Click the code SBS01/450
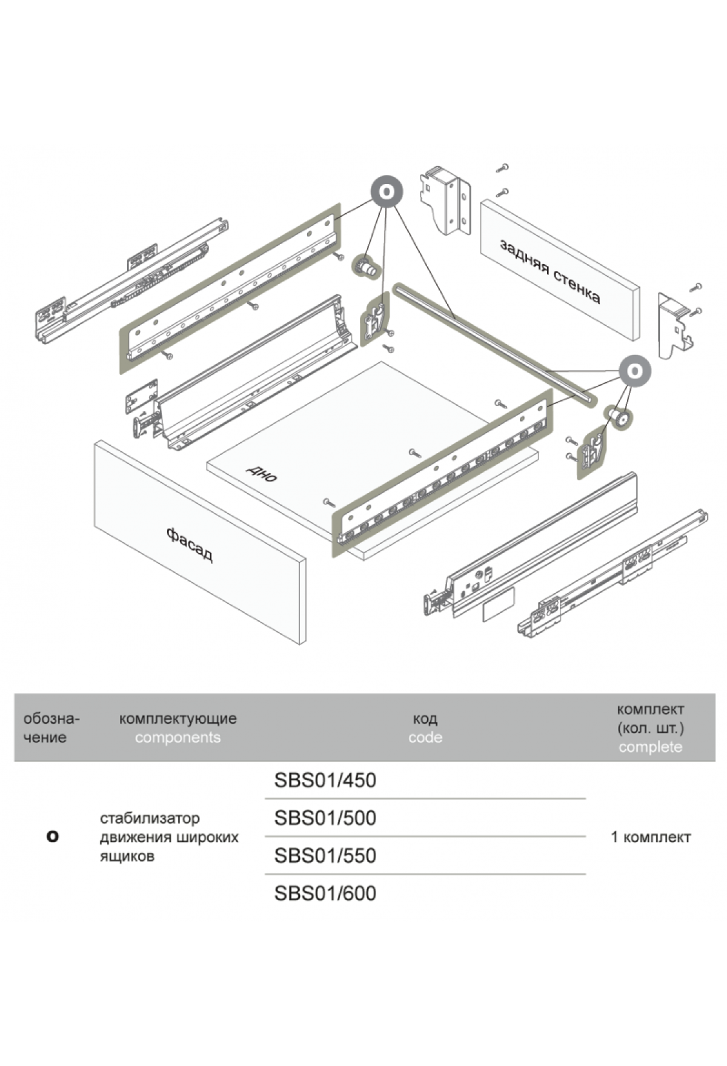pos(325,780)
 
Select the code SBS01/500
pos(325,818)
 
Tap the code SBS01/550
pos(325,855)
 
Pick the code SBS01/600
pos(325,893)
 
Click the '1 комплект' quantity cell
pos(651,837)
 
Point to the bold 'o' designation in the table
pos(53,836)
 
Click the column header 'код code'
pos(425,728)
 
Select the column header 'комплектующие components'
pos(178,728)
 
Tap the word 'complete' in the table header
pos(650,747)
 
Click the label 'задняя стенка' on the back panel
pos(549,271)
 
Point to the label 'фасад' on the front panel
pos(190,544)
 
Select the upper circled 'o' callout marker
pos(387,192)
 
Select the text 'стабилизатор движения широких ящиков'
pos(169,837)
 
